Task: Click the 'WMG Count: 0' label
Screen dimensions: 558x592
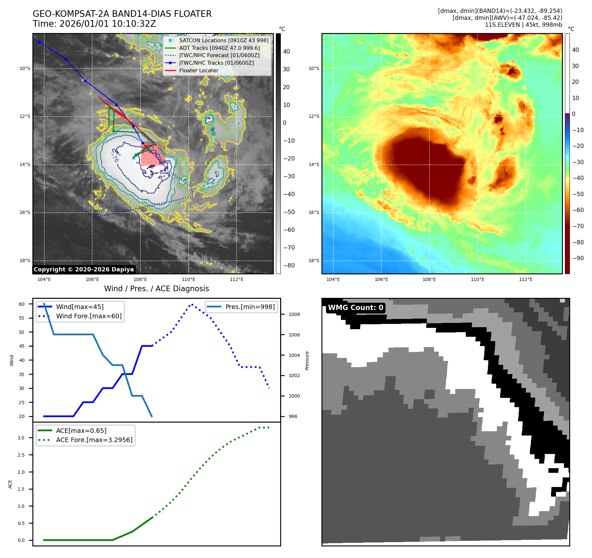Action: [x=355, y=308]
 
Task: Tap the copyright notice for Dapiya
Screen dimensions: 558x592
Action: [x=84, y=269]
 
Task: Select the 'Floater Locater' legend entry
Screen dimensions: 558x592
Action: [x=199, y=70]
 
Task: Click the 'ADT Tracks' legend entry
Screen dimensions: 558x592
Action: [x=219, y=48]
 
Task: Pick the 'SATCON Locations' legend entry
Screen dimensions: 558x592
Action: [x=224, y=40]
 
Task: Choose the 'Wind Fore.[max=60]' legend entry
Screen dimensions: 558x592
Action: [x=89, y=316]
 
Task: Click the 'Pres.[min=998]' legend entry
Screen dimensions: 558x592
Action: [x=250, y=307]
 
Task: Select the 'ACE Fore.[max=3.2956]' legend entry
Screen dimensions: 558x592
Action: [x=94, y=440]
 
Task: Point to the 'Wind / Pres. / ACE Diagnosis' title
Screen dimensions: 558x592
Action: [x=156, y=289]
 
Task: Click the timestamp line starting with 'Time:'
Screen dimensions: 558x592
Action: [x=94, y=24]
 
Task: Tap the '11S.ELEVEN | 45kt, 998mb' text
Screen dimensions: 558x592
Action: [x=523, y=25]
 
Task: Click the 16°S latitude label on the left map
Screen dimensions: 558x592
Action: [x=25, y=212]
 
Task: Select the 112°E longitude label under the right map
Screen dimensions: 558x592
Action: [x=526, y=279]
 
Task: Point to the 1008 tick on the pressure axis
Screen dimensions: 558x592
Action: [x=294, y=314]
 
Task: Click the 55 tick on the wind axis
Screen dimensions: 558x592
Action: [x=22, y=318]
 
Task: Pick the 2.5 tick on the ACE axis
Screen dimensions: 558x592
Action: [x=21, y=455]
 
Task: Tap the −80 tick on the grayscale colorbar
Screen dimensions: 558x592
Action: [x=289, y=265]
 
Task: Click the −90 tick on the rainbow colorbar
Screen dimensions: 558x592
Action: [x=578, y=258]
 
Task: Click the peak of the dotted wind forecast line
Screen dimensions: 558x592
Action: [x=192, y=304]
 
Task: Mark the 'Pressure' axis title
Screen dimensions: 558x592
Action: [x=307, y=361]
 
